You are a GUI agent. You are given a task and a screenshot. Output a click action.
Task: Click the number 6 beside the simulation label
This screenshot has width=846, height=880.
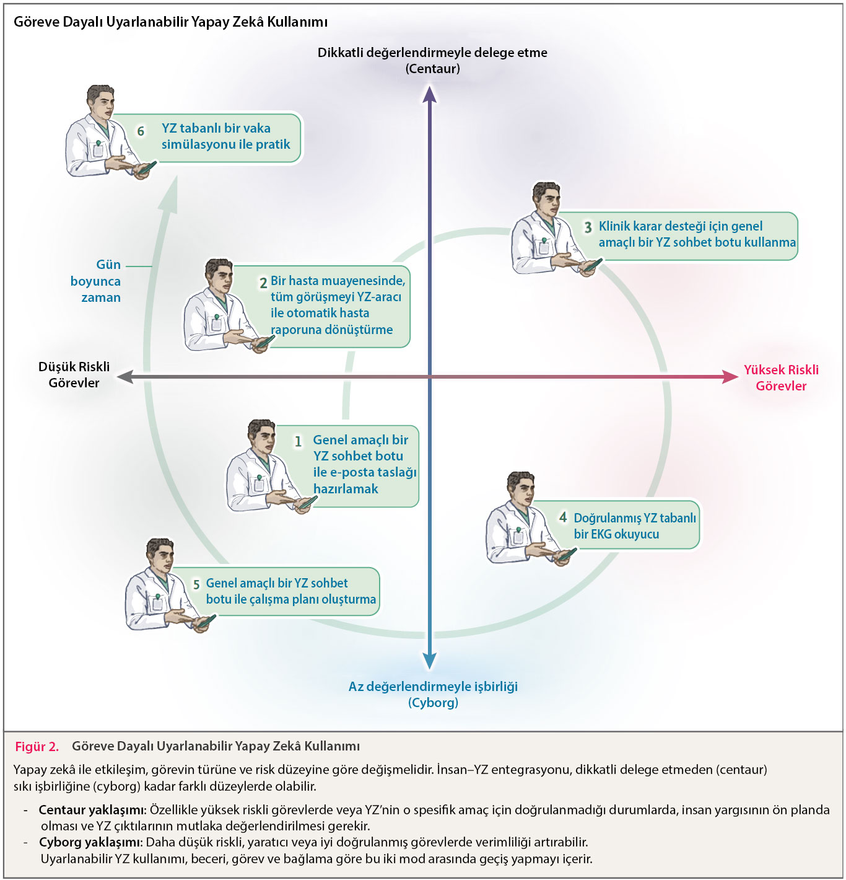coord(141,131)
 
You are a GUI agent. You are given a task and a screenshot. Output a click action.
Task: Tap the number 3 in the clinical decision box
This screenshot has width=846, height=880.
coord(588,227)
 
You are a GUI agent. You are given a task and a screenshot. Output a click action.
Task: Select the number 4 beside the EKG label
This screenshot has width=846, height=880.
coord(562,517)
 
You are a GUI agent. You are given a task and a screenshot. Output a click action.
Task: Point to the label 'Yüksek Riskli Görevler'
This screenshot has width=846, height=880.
coord(781,377)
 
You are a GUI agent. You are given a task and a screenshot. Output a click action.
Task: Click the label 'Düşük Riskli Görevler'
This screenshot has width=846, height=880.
coord(74,375)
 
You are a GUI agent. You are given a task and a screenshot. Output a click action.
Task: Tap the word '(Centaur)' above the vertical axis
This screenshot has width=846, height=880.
coord(432,69)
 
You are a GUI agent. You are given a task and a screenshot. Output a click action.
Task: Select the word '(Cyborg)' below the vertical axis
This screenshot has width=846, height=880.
coord(433,703)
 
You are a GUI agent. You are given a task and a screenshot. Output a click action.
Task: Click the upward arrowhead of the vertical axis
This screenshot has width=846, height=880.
coord(430,94)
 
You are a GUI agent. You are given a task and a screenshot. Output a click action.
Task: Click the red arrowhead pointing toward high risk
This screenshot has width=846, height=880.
coord(730,377)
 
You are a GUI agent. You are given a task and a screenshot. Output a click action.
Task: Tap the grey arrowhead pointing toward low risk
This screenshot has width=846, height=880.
coord(125,376)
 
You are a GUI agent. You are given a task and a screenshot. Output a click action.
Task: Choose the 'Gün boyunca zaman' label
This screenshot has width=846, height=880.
coord(97,281)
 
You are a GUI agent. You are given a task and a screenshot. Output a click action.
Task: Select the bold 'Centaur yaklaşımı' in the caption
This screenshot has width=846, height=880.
coord(91,810)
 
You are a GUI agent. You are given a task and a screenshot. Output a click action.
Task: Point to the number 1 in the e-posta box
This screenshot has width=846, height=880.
coord(298,441)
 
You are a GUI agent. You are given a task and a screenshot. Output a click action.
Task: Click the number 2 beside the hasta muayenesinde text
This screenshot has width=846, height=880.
coord(263,283)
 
